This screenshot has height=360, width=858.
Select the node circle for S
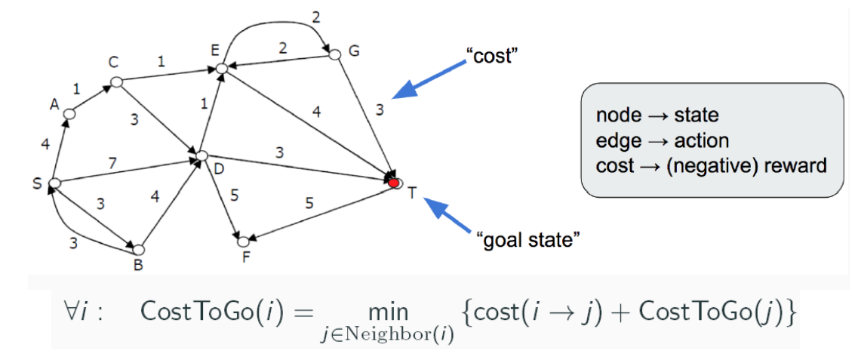(x=54, y=183)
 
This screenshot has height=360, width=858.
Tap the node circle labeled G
(x=335, y=54)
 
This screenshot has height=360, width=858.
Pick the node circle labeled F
(x=243, y=242)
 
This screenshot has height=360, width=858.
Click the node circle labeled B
(x=138, y=248)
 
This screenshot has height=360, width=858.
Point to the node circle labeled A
(x=69, y=114)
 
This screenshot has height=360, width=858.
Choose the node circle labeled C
(x=116, y=81)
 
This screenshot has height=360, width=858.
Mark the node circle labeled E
(x=221, y=69)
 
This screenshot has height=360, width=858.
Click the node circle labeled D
(x=201, y=156)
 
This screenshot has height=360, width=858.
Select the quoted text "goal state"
(x=528, y=241)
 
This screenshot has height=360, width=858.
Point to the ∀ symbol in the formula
(x=71, y=312)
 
